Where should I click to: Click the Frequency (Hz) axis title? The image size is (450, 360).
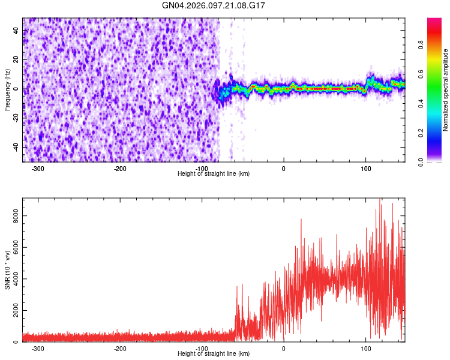tap(7, 90)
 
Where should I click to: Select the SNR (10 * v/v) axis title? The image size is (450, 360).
tap(7, 270)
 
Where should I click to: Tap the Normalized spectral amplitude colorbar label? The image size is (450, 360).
tap(446, 90)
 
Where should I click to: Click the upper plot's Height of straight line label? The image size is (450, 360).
tap(214, 173)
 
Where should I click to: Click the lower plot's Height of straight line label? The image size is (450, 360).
tap(214, 353)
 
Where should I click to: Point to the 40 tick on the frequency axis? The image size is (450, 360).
tap(16, 31)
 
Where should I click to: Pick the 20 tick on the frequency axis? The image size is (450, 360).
tap(16, 60)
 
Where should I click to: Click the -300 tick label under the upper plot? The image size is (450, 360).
tap(38, 169)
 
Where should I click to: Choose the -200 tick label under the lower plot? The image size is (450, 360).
tap(120, 349)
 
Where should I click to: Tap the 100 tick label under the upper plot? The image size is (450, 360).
tap(365, 169)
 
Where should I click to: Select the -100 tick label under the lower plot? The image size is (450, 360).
tap(202, 349)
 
